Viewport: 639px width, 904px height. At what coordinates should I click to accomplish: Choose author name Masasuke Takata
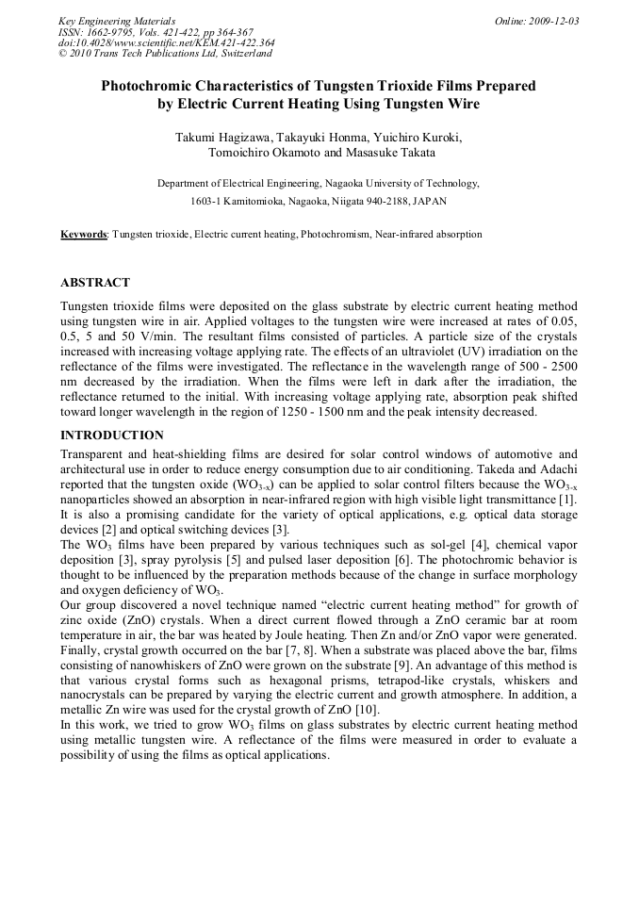click(x=388, y=153)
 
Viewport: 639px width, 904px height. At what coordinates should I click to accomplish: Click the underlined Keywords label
click(x=83, y=234)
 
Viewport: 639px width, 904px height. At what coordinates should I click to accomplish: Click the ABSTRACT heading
click(x=95, y=283)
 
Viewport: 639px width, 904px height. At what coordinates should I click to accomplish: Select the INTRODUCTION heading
click(x=111, y=436)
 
